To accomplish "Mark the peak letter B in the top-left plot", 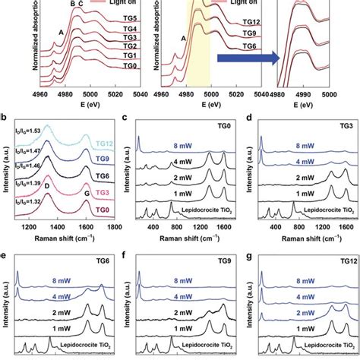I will (x=73, y=5).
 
